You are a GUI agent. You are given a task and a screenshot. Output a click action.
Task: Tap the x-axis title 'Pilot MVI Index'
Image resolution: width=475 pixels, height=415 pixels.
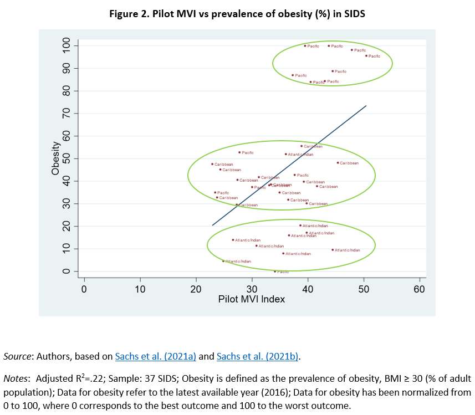coord(252,299)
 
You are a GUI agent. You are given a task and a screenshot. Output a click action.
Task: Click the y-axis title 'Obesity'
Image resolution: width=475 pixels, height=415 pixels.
coord(55,159)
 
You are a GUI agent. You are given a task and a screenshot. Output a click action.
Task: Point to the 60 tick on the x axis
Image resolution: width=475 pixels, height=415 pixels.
coord(420,289)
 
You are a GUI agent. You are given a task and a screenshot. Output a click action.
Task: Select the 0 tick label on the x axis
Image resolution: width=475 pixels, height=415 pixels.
coord(84,289)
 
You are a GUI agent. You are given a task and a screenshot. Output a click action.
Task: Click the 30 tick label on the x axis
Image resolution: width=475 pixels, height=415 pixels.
coord(252,289)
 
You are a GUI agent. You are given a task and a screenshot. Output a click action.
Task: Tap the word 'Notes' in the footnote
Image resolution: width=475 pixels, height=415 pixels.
coord(17,379)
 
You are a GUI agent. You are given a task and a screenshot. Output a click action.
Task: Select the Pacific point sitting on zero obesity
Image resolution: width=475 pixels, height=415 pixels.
coord(275,271)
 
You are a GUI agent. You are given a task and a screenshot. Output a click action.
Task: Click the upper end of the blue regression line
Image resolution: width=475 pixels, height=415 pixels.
coord(366,105)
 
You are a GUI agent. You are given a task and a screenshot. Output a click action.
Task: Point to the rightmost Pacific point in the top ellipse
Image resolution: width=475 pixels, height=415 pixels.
coord(366,56)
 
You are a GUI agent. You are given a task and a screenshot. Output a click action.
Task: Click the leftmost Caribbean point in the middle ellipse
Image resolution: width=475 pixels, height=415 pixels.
coord(212,164)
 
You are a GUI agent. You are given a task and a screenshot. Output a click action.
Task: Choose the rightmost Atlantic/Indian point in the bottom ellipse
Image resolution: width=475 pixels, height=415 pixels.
coord(333,250)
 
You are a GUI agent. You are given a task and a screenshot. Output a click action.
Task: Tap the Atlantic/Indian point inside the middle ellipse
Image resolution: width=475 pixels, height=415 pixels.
coord(286,154)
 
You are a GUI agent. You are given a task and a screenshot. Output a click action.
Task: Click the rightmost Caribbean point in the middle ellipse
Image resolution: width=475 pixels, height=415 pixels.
coord(338,163)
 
